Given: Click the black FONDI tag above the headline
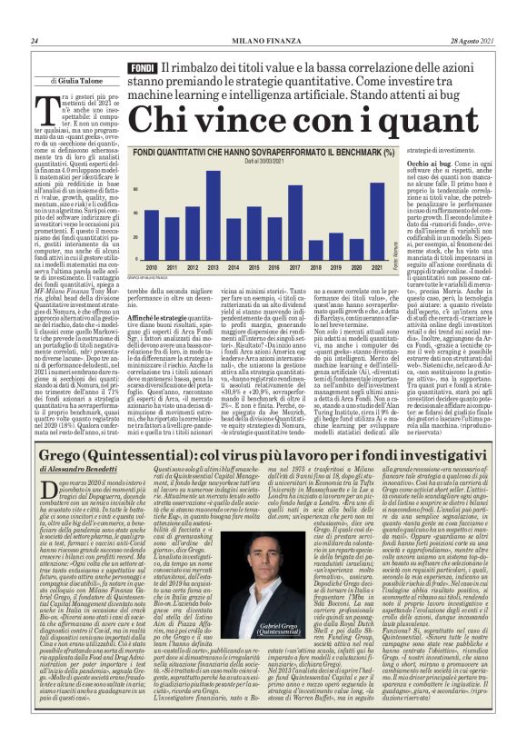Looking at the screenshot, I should pos(143,69).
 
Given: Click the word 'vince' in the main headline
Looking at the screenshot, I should pos(227,116).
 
